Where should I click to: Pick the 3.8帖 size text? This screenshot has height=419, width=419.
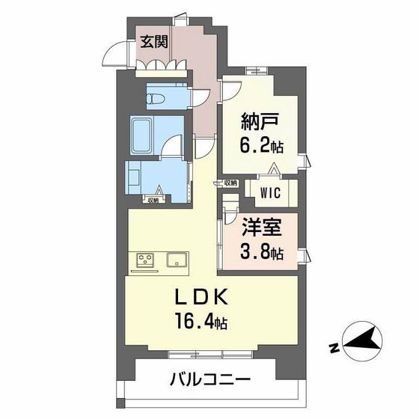pos(261,252)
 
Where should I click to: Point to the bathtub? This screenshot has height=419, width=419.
pos(142,135)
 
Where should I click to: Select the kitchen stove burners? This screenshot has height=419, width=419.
pos(146,261)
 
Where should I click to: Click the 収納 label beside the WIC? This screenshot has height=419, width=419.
pos(230,183)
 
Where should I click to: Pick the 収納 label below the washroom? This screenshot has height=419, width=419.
pos(153,199)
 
